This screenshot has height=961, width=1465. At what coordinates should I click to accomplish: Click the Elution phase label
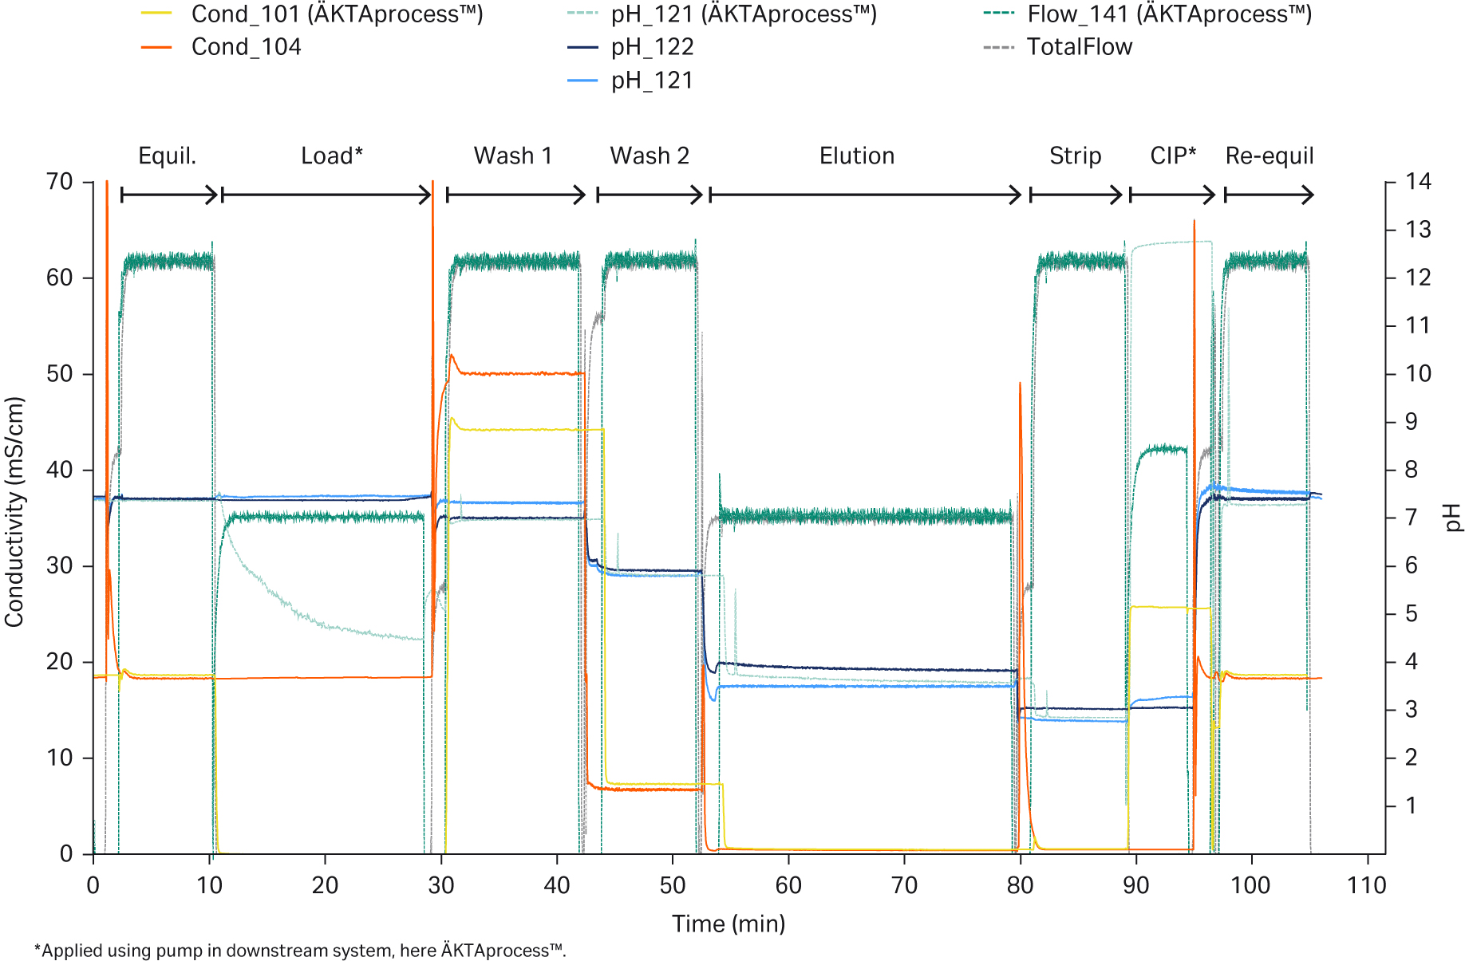[x=857, y=156]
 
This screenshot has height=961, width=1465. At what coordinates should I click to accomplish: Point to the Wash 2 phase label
[x=650, y=156]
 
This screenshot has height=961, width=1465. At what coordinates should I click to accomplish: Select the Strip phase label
[x=1075, y=156]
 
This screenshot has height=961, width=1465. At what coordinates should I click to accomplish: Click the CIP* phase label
[x=1173, y=156]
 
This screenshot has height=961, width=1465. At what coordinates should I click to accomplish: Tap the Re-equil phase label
[x=1269, y=156]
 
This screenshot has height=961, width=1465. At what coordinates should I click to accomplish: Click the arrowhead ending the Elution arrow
[x=1017, y=195]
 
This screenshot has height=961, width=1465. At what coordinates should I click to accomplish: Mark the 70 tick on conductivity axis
[x=60, y=182]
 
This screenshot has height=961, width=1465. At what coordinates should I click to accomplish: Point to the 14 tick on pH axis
[x=1418, y=182]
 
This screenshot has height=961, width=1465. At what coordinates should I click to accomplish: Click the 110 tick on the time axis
[x=1367, y=884]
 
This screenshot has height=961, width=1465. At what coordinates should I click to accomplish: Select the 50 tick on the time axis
[x=673, y=884]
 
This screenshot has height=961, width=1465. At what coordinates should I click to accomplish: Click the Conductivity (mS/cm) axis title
[x=14, y=511]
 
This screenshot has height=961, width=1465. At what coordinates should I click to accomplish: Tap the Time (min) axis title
[x=729, y=924]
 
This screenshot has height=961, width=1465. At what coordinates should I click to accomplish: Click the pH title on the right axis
[x=1453, y=517]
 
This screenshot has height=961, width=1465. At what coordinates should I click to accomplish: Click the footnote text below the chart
[x=300, y=950]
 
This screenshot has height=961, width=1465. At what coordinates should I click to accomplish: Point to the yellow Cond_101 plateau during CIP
[x=1169, y=608]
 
